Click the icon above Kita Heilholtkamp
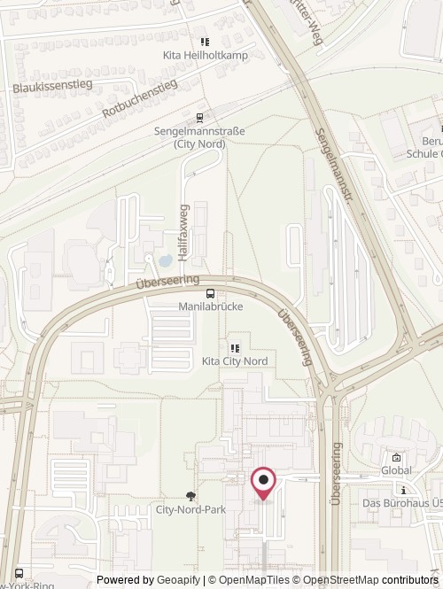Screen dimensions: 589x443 pyautogui.click(x=205, y=41)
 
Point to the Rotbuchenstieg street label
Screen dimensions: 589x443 pyautogui.click(x=140, y=98)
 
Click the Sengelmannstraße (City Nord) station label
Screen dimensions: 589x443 pyautogui.click(x=199, y=137)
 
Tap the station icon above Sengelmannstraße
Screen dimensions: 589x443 pyautogui.click(x=200, y=116)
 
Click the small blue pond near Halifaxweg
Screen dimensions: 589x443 pyautogui.click(x=165, y=260)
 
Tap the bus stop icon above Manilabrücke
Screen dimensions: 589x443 pyautogui.click(x=210, y=294)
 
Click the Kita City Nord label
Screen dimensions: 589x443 pyautogui.click(x=235, y=361)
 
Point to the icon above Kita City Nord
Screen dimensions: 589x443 pyautogui.click(x=235, y=347)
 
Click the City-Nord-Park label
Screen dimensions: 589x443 pyautogui.click(x=190, y=510)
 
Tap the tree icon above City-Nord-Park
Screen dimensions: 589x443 pyautogui.click(x=190, y=495)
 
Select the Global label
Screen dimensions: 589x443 pyautogui.click(x=396, y=470)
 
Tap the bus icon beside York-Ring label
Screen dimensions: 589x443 pyautogui.click(x=20, y=573)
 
